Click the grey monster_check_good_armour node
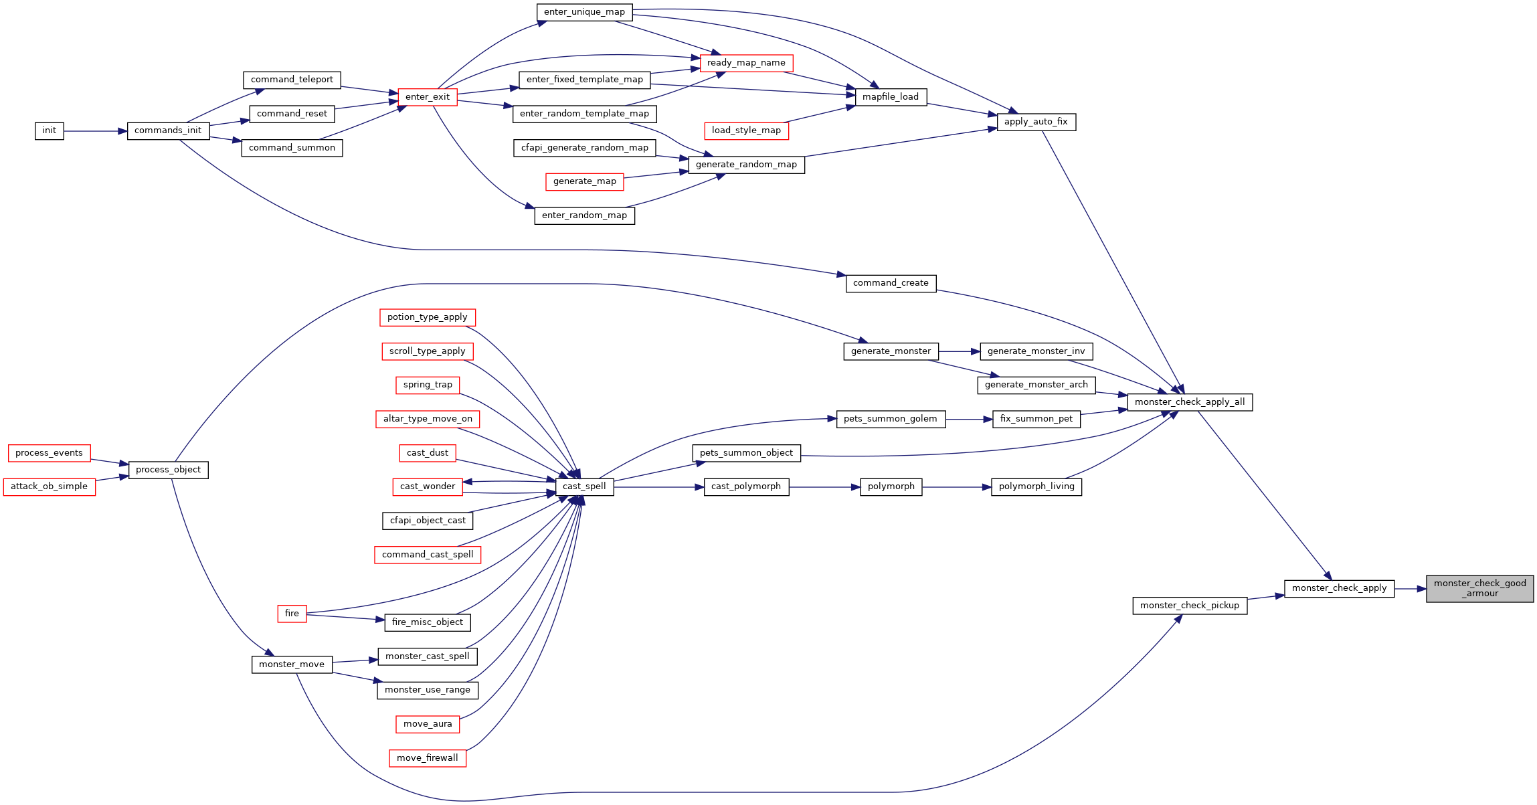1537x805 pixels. [1479, 589]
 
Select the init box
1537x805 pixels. [50, 131]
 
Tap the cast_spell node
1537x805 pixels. [584, 487]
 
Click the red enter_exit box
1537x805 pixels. [428, 97]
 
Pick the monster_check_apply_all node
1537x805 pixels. [1190, 402]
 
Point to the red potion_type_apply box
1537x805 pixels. [428, 317]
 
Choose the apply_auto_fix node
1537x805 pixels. [1036, 122]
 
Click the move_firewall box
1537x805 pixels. [428, 758]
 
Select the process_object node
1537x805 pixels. [168, 470]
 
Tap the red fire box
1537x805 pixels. [292, 614]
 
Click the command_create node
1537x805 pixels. [891, 283]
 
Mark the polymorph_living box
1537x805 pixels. [1036, 487]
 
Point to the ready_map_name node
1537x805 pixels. [746, 63]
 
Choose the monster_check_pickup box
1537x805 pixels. [1190, 606]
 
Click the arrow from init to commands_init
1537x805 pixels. [96, 131]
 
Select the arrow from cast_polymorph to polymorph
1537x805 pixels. [824, 487]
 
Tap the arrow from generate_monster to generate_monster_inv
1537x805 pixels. [960, 351]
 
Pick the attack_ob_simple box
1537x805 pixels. [50, 486]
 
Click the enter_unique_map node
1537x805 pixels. [584, 12]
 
